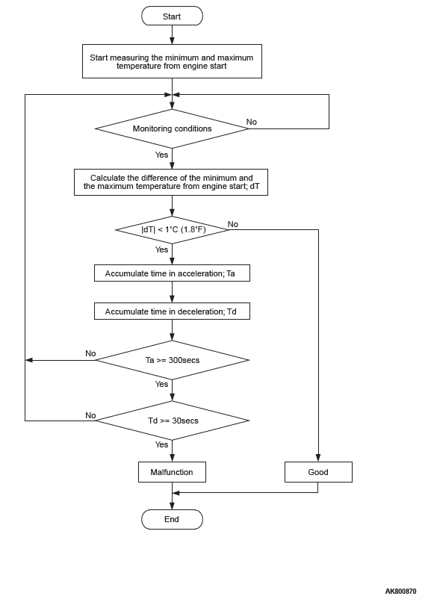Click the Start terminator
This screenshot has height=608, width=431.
[172, 16]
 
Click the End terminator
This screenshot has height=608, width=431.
[172, 519]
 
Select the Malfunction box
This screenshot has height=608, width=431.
[172, 472]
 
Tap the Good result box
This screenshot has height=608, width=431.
[318, 472]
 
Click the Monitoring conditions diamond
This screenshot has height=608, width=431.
[172, 128]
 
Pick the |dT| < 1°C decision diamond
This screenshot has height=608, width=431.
[172, 230]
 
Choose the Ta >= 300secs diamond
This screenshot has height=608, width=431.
[172, 360]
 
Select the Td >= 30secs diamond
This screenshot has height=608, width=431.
[172, 421]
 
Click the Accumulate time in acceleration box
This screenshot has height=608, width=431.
[172, 273]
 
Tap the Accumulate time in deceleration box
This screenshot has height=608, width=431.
[172, 311]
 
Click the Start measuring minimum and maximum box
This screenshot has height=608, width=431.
[172, 61]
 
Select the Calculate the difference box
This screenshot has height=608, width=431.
[171, 182]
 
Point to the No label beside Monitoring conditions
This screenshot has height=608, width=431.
[252, 122]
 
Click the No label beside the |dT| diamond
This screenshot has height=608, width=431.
[233, 224]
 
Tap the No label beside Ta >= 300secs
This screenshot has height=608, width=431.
[90, 353]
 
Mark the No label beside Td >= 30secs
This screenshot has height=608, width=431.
[90, 415]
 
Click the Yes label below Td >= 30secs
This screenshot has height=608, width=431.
[161, 444]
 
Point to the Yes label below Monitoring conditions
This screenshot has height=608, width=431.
[161, 155]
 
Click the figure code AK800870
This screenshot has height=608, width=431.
[400, 592]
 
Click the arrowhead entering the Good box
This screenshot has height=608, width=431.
[318, 459]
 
